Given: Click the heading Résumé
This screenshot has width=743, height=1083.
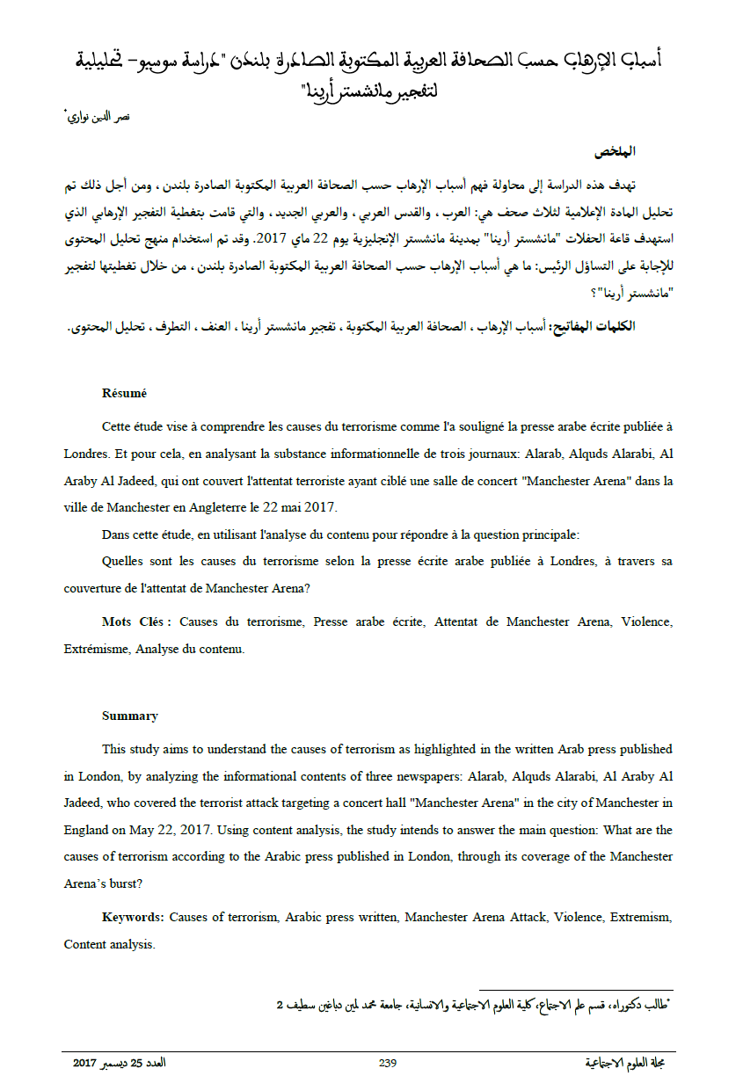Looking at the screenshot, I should pyautogui.click(x=124, y=393).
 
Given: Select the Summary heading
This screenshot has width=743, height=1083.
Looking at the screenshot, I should pyautogui.click(x=130, y=716).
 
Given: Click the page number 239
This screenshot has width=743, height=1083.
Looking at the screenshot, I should pyautogui.click(x=388, y=1063).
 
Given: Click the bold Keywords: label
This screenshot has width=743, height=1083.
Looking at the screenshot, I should pyautogui.click(x=133, y=917).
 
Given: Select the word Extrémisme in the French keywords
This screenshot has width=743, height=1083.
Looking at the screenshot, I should pyautogui.click(x=95, y=650).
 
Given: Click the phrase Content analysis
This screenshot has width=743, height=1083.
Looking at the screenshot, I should pyautogui.click(x=109, y=945).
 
